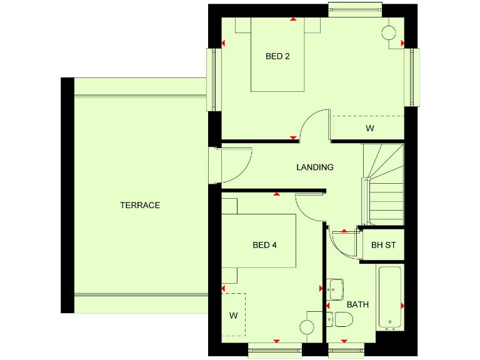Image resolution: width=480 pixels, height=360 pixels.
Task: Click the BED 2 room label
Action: [277, 56]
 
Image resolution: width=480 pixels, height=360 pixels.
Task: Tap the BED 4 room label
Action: [264, 245]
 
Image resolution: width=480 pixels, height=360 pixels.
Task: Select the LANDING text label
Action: [314, 167]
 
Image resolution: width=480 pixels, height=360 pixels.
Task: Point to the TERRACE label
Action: [140, 205]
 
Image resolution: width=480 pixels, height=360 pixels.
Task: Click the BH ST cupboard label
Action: [383, 245]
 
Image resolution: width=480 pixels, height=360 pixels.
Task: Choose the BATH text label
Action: [357, 305]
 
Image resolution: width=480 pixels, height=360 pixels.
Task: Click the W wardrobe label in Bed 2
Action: [369, 129]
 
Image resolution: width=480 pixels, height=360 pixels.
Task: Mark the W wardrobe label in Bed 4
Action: [233, 316]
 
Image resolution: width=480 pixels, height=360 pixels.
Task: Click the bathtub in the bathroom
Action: [390, 297]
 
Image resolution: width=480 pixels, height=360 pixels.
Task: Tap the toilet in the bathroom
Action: [341, 320]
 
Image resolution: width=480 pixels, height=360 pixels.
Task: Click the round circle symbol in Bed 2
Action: [389, 32]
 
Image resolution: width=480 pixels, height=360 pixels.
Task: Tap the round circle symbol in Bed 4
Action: [307, 327]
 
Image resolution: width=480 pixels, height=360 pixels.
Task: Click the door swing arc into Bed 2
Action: [314, 125]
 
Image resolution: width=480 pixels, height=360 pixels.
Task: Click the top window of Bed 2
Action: [355, 9]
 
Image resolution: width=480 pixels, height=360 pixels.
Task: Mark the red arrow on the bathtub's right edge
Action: [402, 306]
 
